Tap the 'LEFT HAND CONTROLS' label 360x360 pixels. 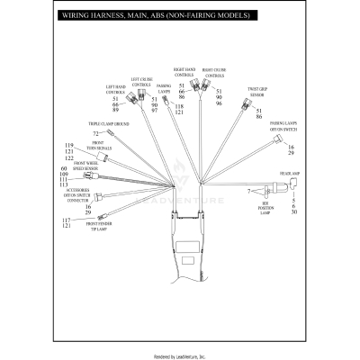114,89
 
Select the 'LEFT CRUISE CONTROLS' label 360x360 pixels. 142,82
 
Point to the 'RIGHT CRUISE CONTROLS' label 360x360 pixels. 213,72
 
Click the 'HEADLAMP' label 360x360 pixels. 290,172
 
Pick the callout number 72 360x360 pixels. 95,133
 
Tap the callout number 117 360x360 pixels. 67,220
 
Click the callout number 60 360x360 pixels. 64,169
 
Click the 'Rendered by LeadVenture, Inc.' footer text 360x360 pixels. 180,355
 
